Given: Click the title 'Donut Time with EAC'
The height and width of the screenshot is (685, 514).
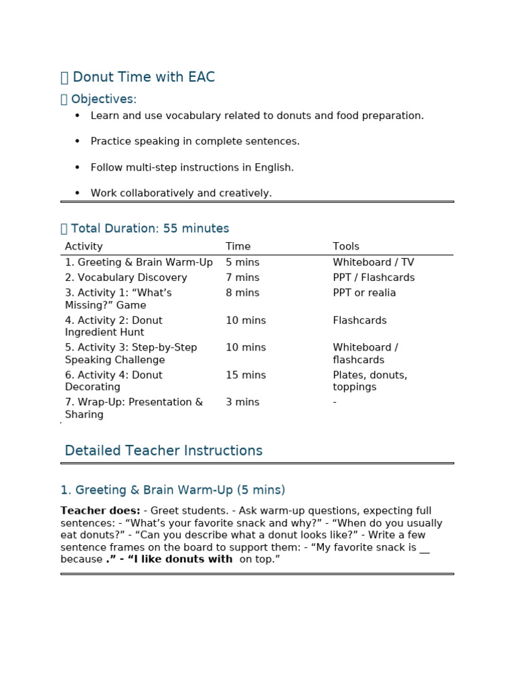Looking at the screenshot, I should tap(143, 78).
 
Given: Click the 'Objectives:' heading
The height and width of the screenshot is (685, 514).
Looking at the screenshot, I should tap(103, 100).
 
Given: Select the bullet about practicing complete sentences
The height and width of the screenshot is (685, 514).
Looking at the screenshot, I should tap(195, 142).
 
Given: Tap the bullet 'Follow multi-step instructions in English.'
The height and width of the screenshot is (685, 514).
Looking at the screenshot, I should tap(192, 168).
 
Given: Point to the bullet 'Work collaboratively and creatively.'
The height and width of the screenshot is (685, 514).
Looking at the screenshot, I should tap(181, 193).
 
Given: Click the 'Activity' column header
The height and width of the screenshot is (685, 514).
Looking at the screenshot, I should tap(84, 247).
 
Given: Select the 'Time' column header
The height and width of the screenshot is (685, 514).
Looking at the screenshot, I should tap(238, 247).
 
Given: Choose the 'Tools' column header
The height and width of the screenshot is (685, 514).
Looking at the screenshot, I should tap(346, 247).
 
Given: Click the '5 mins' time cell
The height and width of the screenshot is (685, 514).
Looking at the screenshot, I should tap(242, 263).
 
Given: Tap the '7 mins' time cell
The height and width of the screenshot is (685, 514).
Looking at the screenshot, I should tap(242, 278).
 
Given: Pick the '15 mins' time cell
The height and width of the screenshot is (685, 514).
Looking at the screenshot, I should tap(246, 375).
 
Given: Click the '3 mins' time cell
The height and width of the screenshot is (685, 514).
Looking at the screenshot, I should tap(242, 403).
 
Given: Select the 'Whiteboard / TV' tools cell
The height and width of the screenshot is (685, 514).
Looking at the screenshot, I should tap(372, 263).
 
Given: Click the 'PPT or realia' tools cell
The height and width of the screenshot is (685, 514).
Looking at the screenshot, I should tap(364, 293).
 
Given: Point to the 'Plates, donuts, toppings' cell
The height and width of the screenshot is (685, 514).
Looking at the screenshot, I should tap(369, 381).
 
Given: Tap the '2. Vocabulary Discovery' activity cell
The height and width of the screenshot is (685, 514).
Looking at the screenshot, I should tap(126, 278).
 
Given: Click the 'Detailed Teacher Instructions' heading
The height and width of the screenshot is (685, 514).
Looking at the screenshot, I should tap(163, 451).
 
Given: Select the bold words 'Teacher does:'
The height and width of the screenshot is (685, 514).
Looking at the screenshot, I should tap(100, 511).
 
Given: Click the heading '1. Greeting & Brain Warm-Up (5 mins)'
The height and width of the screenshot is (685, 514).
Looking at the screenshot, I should tap(173, 490).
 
